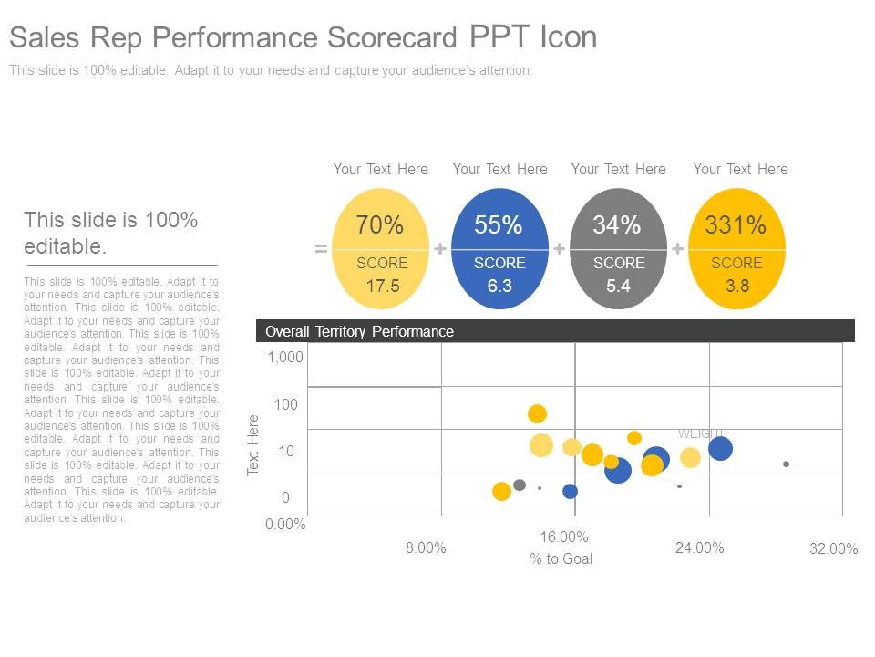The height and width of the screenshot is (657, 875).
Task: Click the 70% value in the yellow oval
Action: tap(379, 225)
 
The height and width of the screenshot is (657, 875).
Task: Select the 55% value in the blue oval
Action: tap(498, 225)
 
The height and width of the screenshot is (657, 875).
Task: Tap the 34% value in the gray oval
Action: tap(617, 225)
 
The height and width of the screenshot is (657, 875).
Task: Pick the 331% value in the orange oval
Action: tap(736, 225)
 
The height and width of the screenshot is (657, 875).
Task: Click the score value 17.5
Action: tap(383, 286)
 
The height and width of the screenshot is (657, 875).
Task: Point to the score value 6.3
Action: tap(499, 286)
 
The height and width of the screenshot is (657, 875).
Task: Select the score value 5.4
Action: tap(618, 286)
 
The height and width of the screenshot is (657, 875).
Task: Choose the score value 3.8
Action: tap(736, 286)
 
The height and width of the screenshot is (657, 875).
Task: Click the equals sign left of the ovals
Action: tap(321, 248)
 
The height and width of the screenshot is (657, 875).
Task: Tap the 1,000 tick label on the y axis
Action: tap(285, 358)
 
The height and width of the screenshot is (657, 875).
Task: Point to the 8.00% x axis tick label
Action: tap(426, 547)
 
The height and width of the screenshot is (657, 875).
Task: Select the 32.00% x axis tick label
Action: tap(833, 548)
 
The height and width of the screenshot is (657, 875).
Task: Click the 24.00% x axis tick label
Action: tap(699, 547)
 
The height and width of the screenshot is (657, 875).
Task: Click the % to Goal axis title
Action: tap(561, 558)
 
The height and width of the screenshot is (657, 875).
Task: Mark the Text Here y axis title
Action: tap(254, 444)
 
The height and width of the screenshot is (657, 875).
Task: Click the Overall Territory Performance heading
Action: tap(359, 331)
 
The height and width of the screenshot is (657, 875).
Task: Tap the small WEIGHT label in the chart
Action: tap(700, 433)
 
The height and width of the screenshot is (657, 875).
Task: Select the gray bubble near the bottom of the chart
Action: tap(520, 485)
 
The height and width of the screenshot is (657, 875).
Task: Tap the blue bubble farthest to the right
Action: tap(720, 448)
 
